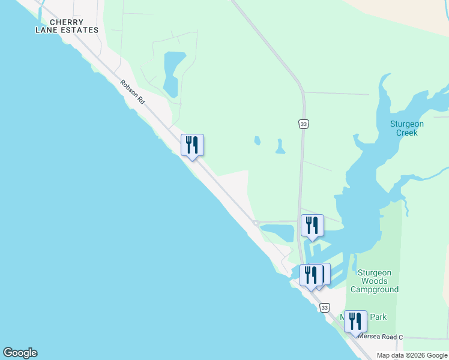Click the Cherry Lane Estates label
click(x=66, y=26)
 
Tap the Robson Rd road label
click(x=132, y=93)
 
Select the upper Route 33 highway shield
click(x=303, y=124)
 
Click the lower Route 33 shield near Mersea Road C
click(x=324, y=307)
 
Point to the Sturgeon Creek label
click(x=407, y=128)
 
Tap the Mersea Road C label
click(x=379, y=337)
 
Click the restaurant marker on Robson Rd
click(x=192, y=145)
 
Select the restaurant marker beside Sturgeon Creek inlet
click(x=312, y=226)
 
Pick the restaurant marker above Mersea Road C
click(x=355, y=322)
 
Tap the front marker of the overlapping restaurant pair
click(x=311, y=275)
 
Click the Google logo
click(x=20, y=353)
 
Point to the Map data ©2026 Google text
click(x=412, y=355)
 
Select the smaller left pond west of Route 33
click(x=257, y=141)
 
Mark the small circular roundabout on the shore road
click(x=256, y=223)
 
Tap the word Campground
click(x=375, y=289)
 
